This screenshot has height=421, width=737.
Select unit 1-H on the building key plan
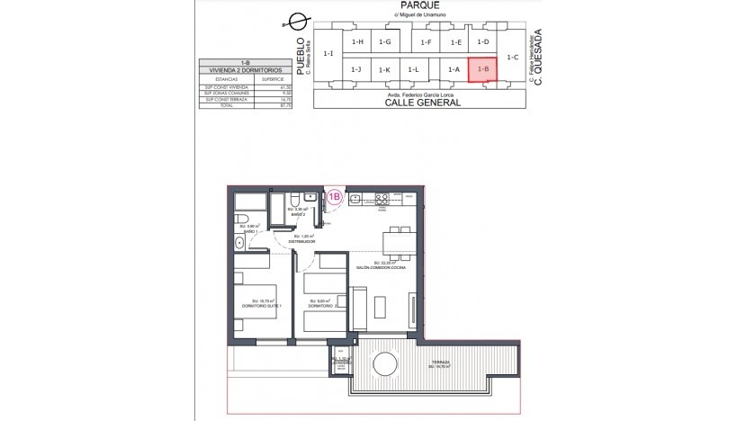pos(357,42)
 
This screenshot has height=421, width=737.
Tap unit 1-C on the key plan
pos(513,57)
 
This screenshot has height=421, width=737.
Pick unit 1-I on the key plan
pos(328,54)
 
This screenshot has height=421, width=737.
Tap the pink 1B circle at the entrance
pos(334,196)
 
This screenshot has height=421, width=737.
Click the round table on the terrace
pos(385,363)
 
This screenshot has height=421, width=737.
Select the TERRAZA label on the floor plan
pos(438,362)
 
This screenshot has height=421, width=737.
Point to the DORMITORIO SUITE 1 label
pos(261,306)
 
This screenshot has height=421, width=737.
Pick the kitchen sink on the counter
pos(355,199)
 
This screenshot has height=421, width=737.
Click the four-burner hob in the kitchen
pos(382,199)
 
